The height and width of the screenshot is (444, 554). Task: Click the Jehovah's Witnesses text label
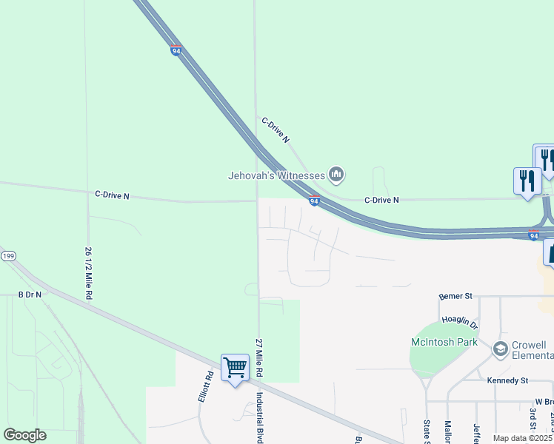(x=276, y=175)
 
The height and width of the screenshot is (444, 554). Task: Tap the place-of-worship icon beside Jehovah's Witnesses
(x=337, y=175)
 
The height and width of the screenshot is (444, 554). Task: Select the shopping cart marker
(x=235, y=368)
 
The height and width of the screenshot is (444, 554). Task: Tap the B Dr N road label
(x=30, y=295)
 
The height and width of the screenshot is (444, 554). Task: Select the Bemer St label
(x=455, y=296)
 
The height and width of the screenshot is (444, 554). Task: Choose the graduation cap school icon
(x=500, y=348)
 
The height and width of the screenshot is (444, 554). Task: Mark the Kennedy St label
(x=507, y=380)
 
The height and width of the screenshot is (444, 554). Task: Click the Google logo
(x=24, y=435)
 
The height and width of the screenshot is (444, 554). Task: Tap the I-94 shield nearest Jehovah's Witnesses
(x=314, y=201)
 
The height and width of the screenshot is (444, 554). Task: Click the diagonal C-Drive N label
(x=276, y=129)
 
